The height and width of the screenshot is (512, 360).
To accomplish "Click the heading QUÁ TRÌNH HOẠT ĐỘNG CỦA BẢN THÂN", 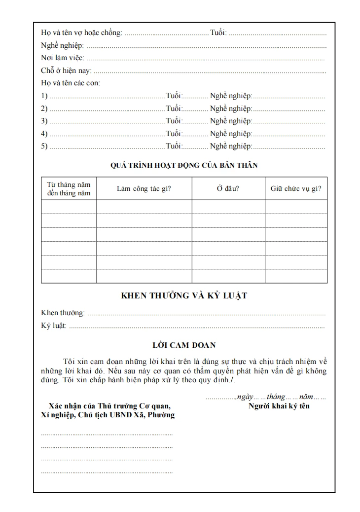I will click(x=183, y=165).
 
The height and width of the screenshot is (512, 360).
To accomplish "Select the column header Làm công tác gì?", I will click(x=144, y=188).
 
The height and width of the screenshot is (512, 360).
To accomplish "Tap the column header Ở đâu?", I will click(x=228, y=188).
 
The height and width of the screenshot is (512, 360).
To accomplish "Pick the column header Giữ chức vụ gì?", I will click(x=296, y=188).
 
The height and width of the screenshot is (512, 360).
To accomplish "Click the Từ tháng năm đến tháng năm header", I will click(x=69, y=189).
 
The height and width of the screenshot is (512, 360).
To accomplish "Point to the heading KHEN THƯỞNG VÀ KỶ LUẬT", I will click(x=184, y=296).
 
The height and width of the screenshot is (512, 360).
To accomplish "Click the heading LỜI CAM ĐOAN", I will click(x=183, y=345).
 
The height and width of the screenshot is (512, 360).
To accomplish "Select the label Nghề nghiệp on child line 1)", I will click(x=231, y=95).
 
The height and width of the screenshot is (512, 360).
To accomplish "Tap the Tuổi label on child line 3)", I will click(x=174, y=121).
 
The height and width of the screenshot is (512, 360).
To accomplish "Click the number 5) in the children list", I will click(x=44, y=146).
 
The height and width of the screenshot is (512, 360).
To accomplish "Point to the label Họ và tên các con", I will click(x=70, y=83).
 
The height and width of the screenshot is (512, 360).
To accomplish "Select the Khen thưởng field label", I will click(x=63, y=313).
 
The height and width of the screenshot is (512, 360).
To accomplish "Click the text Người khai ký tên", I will click(x=279, y=406).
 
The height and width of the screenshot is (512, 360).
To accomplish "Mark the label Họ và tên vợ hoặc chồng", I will click(x=81, y=33).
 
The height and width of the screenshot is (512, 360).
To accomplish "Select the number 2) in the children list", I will click(x=44, y=108).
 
